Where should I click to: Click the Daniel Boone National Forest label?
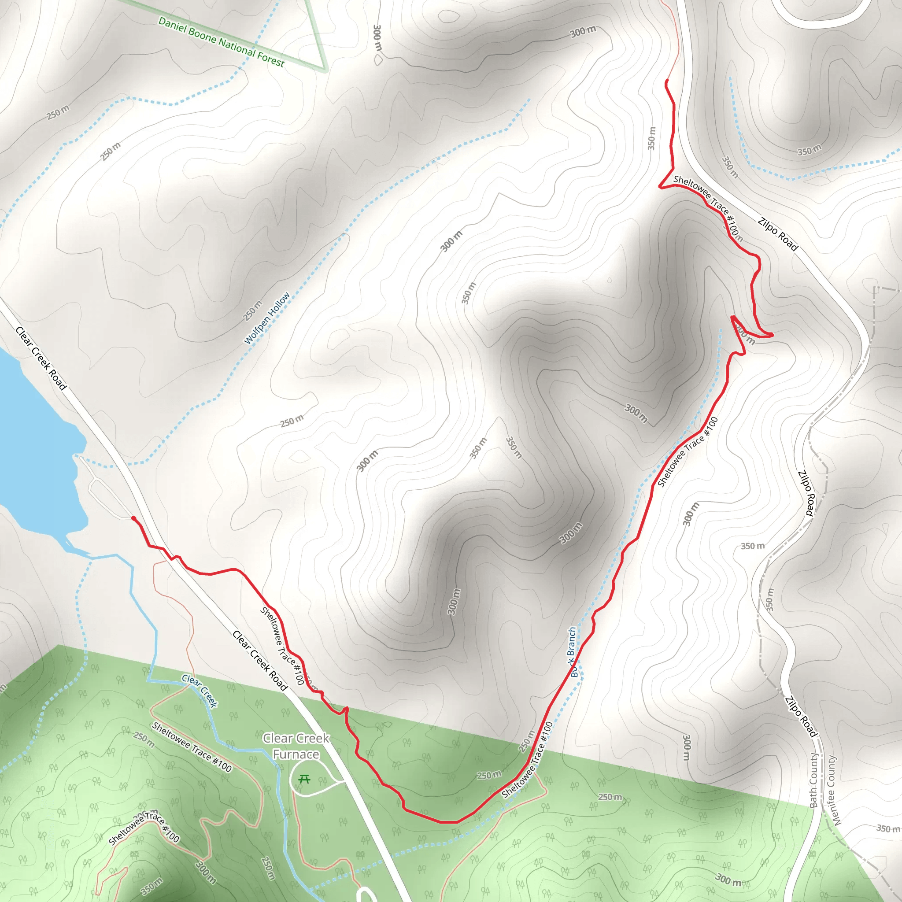pos(221,41)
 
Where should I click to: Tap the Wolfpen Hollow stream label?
pos(267,318)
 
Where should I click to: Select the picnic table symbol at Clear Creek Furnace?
pos(304,779)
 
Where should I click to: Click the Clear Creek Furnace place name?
pos(296,746)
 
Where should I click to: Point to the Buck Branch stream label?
pos(573,652)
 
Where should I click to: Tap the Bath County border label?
pos(814,780)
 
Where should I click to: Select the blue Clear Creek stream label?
pos(200,691)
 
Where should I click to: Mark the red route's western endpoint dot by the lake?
pos(133,519)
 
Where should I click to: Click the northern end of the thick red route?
pos(667,82)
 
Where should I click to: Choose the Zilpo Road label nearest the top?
pos(778,234)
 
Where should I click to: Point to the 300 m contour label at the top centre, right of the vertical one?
pos(583,32)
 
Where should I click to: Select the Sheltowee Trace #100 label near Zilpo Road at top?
pos(708,208)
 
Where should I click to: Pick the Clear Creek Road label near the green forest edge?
pos(259,660)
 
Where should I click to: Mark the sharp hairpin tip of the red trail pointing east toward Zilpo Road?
pos(773,335)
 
